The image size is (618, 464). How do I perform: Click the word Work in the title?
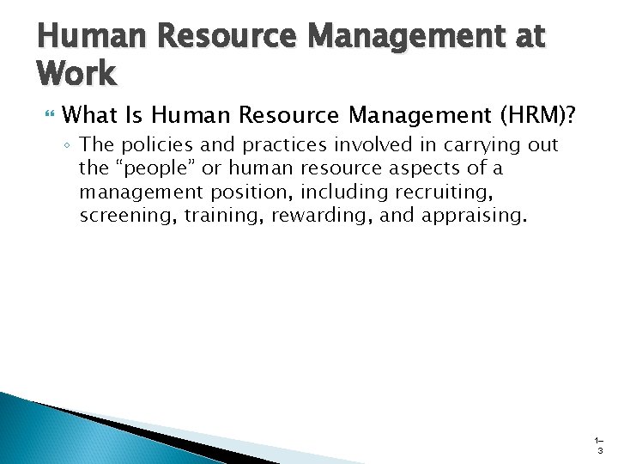[76, 73]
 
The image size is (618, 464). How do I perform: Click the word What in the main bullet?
[90, 114]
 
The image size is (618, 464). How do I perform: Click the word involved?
[361, 145]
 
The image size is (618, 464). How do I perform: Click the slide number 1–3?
[599, 445]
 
